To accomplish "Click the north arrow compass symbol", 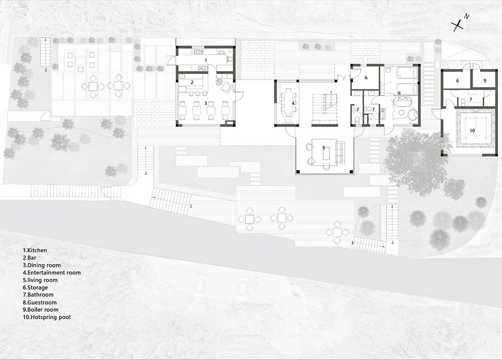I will tap(459, 24).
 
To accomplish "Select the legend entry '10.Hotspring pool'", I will tap(46, 317).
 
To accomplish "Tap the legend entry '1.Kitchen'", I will tap(35, 251).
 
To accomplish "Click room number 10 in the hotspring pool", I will tap(471, 130).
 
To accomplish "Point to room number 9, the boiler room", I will tap(485, 81).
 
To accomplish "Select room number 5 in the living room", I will tap(324, 148).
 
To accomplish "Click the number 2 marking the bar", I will tap(192, 82).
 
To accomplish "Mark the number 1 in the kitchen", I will tap(206, 61).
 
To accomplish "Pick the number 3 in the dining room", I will tap(206, 104).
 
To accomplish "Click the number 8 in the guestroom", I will tap(400, 94).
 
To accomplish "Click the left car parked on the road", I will tap(199, 285).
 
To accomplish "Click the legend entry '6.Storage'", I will tap(35, 288).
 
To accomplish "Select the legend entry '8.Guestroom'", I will tap(39, 302).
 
